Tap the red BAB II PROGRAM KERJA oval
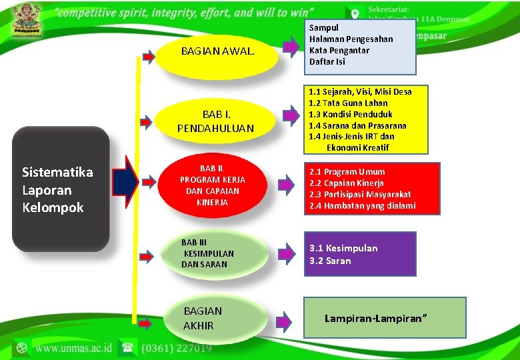pos(213,184)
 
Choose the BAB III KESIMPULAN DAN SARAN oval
pos(208,254)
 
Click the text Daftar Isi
pos(327,62)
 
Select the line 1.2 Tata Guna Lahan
pos(348,103)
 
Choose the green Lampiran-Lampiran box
pos(385,318)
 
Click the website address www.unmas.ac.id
pos(73,348)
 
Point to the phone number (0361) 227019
pos(175,348)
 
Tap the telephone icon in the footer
pos(126,348)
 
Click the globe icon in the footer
pos(22,348)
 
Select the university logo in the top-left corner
pos(27,20)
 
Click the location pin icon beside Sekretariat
pos(354,13)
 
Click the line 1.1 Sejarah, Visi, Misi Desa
pos(360,91)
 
